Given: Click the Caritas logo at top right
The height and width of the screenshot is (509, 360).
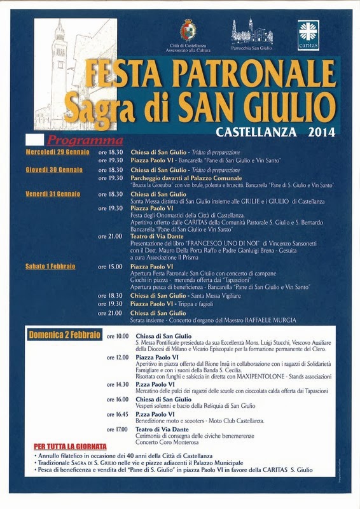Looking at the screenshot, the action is pos(308,34).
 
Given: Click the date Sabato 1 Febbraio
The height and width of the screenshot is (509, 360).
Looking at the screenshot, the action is pos(50,266).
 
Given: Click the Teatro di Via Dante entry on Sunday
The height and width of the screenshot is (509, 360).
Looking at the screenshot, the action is pos(163,429).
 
